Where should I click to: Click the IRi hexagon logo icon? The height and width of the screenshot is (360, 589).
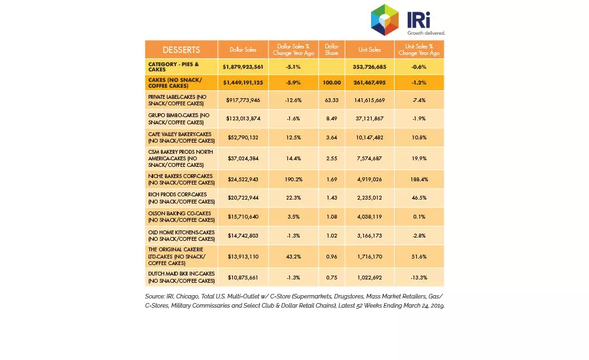coord(385,20)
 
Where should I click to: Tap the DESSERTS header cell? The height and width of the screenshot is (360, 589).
coord(181,50)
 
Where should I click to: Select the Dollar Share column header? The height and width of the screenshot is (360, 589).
coord(332,50)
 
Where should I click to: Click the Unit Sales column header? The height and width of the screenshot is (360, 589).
coord(369,50)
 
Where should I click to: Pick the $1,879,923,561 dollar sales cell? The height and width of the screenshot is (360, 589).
coord(243,67)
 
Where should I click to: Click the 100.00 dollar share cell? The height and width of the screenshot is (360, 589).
coord(332,82)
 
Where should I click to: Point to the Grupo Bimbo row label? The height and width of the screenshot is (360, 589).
coord(181,118)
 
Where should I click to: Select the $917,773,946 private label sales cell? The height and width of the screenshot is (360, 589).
coord(243,100)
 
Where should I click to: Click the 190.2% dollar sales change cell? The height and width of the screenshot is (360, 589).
coord(293,179)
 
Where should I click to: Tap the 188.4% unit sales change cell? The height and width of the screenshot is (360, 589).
coord(419,179)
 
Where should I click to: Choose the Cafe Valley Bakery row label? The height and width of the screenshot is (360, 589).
coord(181,137)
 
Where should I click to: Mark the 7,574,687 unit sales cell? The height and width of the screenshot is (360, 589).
coord(369,158)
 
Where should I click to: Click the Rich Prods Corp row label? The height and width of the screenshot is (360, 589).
coord(181,198)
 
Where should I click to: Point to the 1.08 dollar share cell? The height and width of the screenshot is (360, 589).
coord(332,217)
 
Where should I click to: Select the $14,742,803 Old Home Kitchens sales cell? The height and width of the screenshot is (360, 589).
coord(243,236)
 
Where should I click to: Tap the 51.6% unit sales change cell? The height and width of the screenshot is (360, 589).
coord(419,257)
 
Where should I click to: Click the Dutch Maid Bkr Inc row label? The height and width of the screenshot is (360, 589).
coord(181,278)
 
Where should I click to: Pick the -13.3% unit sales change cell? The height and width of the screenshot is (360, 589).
coord(419,278)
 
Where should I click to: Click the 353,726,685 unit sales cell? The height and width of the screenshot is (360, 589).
coord(369,67)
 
